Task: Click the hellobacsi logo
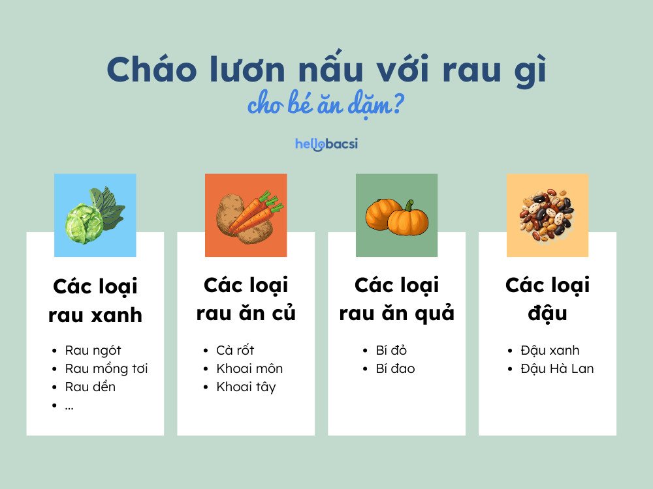(x=326, y=143)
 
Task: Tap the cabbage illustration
(x=95, y=215)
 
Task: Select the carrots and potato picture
(x=246, y=215)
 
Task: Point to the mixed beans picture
(x=547, y=215)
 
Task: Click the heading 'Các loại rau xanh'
(x=95, y=301)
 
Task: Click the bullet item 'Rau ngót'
(x=93, y=351)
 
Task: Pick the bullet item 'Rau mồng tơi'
(x=106, y=369)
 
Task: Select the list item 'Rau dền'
(x=90, y=387)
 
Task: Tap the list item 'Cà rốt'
(x=235, y=351)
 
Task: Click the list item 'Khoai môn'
(x=249, y=369)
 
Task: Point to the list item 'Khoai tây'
(x=246, y=387)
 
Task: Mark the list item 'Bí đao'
(x=394, y=369)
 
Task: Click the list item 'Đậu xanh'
(x=550, y=351)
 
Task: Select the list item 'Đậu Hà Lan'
(x=557, y=369)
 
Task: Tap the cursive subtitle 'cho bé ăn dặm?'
(x=325, y=106)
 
